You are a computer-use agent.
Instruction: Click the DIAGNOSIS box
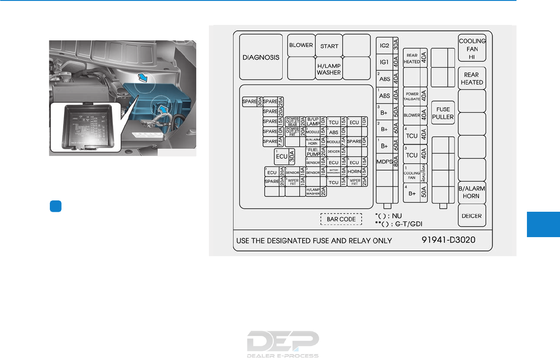click(x=261, y=57)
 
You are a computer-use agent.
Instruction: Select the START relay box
click(x=329, y=46)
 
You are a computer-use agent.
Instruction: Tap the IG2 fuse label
click(x=384, y=46)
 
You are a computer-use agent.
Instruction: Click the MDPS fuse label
click(x=384, y=161)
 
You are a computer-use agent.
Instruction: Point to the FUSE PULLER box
click(x=443, y=113)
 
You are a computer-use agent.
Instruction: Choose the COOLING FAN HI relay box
click(x=472, y=48)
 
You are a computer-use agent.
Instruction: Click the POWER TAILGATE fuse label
click(x=412, y=96)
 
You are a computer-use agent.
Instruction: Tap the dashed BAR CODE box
click(x=341, y=219)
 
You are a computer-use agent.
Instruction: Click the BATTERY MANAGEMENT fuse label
click(x=333, y=172)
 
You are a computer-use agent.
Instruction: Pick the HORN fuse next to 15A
click(x=354, y=172)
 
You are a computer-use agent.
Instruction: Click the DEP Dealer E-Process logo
click(x=283, y=344)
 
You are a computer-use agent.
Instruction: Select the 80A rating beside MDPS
click(x=396, y=161)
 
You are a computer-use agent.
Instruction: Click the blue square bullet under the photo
click(x=55, y=206)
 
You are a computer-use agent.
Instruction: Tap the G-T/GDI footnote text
click(x=399, y=224)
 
